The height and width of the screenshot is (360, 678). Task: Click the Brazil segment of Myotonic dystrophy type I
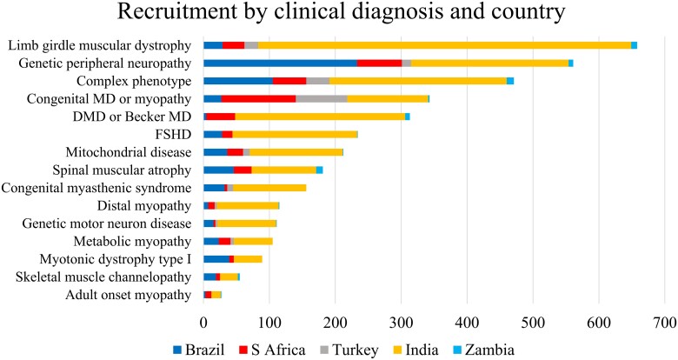(x=216, y=259)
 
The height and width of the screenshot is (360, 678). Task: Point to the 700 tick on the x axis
(x=665, y=321)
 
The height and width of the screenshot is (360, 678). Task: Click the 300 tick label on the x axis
(x=402, y=321)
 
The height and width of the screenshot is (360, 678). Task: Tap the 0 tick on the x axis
(x=203, y=321)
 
